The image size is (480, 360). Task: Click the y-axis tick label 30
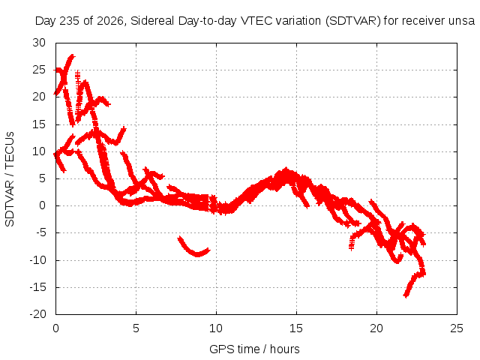pos(39,43)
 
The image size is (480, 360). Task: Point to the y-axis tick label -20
pos(37,314)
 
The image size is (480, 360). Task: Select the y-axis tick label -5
pos(40,232)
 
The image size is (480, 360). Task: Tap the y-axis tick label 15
pos(39,124)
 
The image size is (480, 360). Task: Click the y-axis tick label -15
pos(37,287)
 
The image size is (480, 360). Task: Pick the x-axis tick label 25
pos(457,328)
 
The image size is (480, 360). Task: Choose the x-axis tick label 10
pos(216,328)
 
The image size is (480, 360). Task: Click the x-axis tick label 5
pos(136,328)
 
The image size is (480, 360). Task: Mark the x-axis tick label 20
pos(376,328)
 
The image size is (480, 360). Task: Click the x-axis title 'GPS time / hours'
pos(254,349)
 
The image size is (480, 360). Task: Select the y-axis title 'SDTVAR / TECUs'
pos(10,179)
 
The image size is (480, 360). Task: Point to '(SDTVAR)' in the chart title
pos(353,21)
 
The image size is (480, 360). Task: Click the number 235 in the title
pos(69,21)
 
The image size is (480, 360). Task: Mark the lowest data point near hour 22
pos(406,295)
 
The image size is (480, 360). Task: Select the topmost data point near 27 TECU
pos(72,56)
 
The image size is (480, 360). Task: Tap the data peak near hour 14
pos(286,169)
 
